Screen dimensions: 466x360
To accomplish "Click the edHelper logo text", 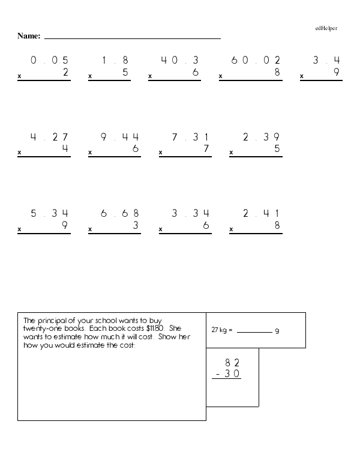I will pyautogui.click(x=326, y=28).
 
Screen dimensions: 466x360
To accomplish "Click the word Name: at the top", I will pyautogui.click(x=29, y=36).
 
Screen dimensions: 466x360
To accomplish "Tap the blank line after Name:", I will pyautogui.click(x=132, y=38).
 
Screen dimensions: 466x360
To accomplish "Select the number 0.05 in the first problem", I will pyautogui.click(x=50, y=60).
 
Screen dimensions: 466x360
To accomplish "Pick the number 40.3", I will pyautogui.click(x=179, y=60).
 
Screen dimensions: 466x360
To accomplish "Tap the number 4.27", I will pyautogui.click(x=50, y=137).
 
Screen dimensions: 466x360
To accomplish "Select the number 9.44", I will pyautogui.click(x=120, y=137).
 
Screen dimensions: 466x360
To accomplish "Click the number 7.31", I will pyautogui.click(x=191, y=137).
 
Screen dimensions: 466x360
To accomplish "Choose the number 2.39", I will pyautogui.click(x=261, y=137).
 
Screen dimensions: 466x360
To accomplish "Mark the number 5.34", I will pyautogui.click(x=50, y=213).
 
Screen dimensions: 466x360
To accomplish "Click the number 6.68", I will pyautogui.click(x=120, y=213).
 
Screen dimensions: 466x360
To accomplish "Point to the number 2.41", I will pyautogui.click(x=261, y=213).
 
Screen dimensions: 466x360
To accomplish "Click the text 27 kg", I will pyautogui.click(x=220, y=331).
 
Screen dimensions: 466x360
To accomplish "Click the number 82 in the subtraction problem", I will pyautogui.click(x=232, y=362).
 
